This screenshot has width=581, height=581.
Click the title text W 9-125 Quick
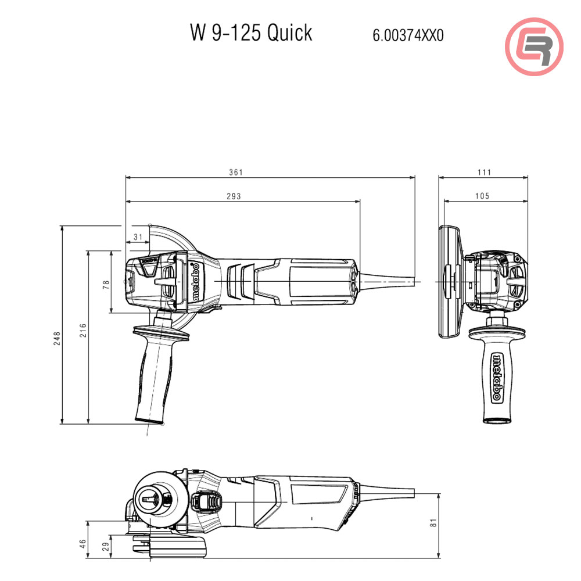(251, 33)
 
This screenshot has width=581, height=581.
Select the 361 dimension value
(235, 172)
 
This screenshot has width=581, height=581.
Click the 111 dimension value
(484, 172)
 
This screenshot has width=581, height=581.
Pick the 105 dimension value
(482, 196)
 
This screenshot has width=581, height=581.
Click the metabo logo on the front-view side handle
(497, 377)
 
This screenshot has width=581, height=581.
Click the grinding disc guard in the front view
(449, 282)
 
